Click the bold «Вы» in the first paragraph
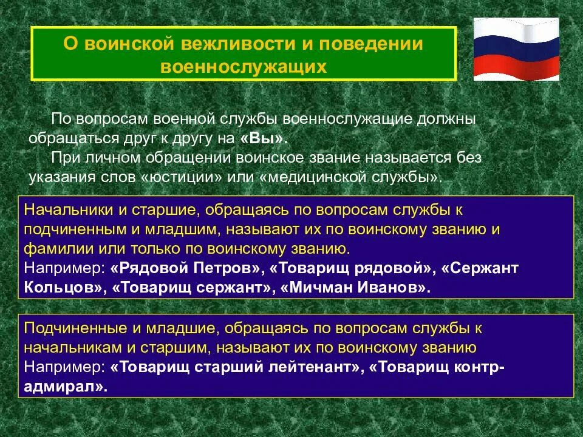click(x=263, y=138)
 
